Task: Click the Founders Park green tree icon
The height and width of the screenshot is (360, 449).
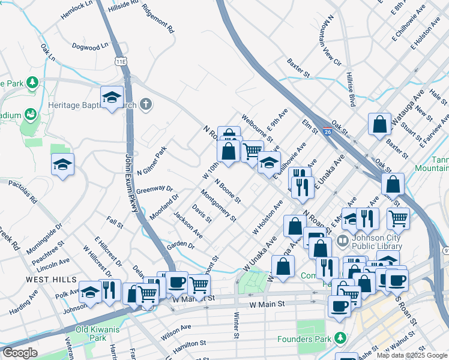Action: click(340, 337)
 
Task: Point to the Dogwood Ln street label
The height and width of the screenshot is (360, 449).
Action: click(90, 46)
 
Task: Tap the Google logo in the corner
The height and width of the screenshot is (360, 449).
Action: click(20, 352)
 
